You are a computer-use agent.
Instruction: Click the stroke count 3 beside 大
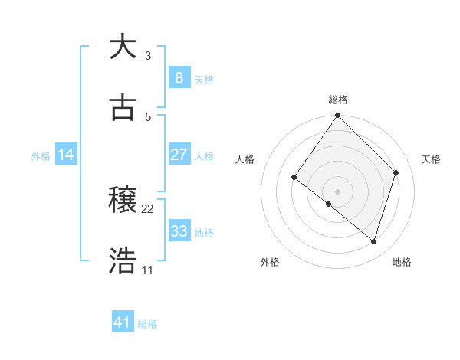coord(148,56)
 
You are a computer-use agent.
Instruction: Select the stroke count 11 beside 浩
coord(148,270)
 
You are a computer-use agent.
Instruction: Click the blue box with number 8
coord(179,77)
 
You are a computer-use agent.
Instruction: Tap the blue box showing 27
coord(179,154)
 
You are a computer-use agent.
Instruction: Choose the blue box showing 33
coord(179,231)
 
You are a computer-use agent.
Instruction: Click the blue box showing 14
coord(66,155)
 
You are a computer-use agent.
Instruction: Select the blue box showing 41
coord(123,322)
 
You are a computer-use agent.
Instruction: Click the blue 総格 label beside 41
coord(147,324)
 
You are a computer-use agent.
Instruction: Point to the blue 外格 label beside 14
coord(41,155)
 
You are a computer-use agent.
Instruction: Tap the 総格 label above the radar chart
coord(338,100)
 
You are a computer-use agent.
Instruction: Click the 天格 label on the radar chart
coord(431,159)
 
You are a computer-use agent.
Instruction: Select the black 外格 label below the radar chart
coord(270,262)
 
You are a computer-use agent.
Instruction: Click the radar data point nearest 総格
coord(338,116)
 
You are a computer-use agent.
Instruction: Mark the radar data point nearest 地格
coord(374,241)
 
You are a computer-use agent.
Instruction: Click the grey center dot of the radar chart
coord(338,191)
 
